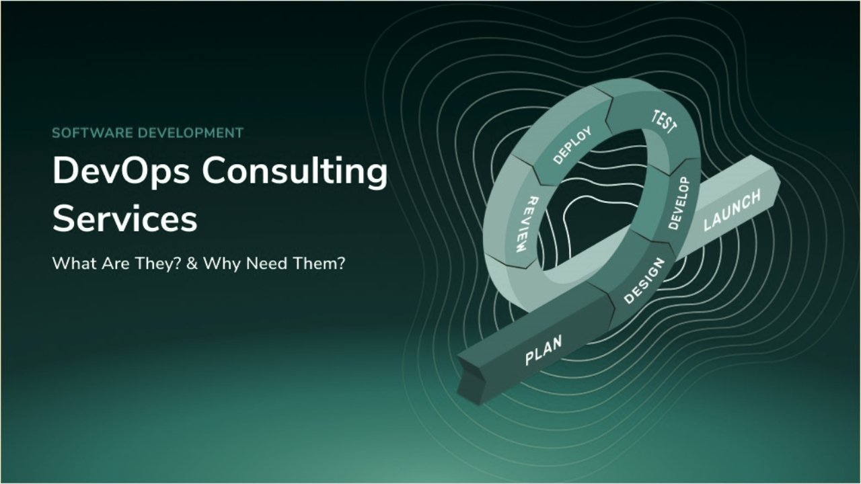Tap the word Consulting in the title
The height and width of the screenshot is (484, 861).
click(x=294, y=172)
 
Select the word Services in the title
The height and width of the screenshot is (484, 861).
click(x=125, y=219)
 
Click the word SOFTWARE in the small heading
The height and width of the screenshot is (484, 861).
click(x=92, y=132)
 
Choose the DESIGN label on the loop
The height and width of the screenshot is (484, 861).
click(x=644, y=281)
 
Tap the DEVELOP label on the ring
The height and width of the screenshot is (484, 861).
click(x=679, y=204)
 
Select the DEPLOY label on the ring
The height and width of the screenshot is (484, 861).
click(x=572, y=145)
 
